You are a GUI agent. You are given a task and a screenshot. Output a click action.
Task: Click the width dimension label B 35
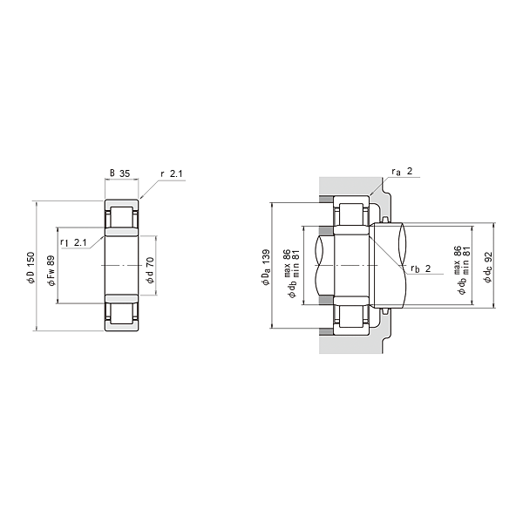119,173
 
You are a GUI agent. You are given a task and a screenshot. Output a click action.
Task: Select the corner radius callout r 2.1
172,173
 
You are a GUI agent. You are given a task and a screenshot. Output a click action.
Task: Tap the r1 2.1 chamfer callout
73,242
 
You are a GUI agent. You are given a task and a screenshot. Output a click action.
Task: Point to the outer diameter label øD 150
31,268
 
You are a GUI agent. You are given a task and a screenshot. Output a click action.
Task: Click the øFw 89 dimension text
51,271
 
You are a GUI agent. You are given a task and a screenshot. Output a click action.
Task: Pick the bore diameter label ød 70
151,270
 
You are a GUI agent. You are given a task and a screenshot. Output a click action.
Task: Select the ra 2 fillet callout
402,172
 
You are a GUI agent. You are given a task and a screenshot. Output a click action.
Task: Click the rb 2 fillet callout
421,268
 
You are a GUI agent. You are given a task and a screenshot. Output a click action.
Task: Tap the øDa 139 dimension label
266,268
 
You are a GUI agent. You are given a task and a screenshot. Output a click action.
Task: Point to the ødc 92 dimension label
488,268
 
